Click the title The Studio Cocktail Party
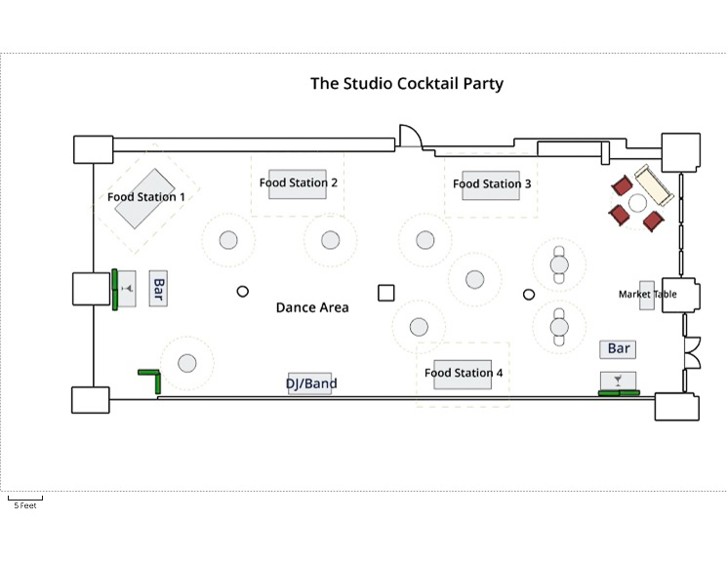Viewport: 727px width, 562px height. pyautogui.click(x=407, y=83)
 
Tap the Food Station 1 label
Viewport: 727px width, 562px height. pyautogui.click(x=146, y=197)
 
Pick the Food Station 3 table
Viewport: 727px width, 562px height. pyautogui.click(x=492, y=184)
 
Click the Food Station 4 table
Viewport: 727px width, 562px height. pyautogui.click(x=464, y=374)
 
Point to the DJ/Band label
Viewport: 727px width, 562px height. pyautogui.click(x=311, y=383)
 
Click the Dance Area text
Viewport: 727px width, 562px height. pyautogui.click(x=312, y=307)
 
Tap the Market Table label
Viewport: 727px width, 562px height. pyautogui.click(x=647, y=295)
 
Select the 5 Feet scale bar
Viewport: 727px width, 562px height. pyautogui.click(x=25, y=500)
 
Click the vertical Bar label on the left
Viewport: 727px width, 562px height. pyautogui.click(x=158, y=289)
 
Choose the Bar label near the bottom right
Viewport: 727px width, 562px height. pyautogui.click(x=619, y=348)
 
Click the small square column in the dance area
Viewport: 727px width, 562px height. pyautogui.click(x=386, y=293)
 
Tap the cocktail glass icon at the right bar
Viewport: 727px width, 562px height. pyautogui.click(x=618, y=379)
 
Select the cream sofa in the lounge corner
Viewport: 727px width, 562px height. pyautogui.click(x=651, y=183)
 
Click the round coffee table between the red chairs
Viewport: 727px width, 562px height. pyautogui.click(x=637, y=203)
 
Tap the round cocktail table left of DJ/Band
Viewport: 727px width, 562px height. pyautogui.click(x=187, y=364)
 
